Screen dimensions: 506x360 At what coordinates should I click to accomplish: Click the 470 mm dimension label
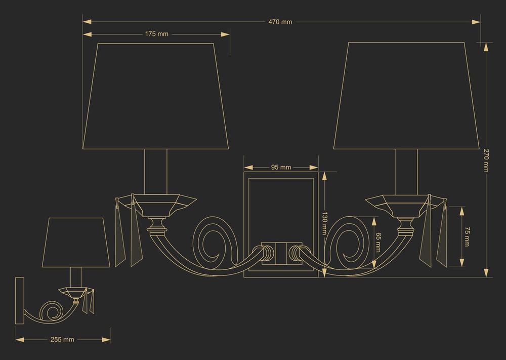(x=280, y=22)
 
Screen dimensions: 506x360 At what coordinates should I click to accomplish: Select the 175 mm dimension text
(x=156, y=34)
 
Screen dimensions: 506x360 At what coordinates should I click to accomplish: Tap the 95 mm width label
(x=281, y=167)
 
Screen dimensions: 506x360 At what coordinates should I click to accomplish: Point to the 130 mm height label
(x=325, y=223)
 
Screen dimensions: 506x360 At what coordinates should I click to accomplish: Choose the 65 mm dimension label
(x=378, y=243)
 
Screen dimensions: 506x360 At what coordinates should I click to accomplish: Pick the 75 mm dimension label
(x=467, y=236)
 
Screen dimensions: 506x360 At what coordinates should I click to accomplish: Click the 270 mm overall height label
(x=486, y=160)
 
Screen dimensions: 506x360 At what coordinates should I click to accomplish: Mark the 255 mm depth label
(x=62, y=340)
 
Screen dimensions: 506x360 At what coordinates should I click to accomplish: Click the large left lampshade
(x=155, y=96)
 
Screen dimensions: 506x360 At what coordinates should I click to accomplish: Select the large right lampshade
(x=406, y=96)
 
